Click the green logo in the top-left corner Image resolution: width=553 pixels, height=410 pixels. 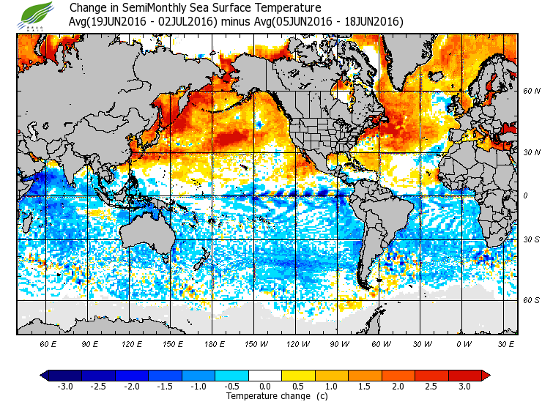coord(34,15)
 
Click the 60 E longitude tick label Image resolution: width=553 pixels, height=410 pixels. coord(48,343)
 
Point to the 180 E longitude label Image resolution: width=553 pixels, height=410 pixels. coord(215,343)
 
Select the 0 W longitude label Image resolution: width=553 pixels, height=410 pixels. coord(463,343)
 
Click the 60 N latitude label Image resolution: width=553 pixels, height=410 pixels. coord(531,92)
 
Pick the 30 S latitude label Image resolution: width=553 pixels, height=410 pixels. coord(531,239)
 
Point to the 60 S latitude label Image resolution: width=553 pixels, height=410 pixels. coord(531,300)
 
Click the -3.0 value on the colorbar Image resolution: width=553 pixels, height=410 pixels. coord(64,386)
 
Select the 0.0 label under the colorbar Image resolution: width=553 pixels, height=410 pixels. coord(266,386)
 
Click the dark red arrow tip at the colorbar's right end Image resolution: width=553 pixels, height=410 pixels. coord(486,375)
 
